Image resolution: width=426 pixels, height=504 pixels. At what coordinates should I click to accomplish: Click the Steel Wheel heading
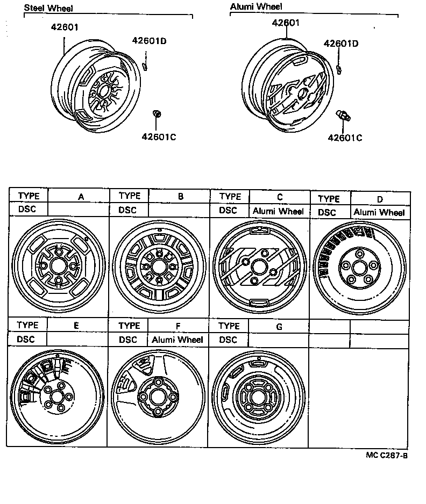pyautogui.click(x=48, y=8)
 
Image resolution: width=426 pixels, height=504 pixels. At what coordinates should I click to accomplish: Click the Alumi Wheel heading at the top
pyautogui.click(x=256, y=7)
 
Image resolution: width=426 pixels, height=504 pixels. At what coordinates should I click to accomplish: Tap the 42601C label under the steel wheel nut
pyautogui.click(x=159, y=136)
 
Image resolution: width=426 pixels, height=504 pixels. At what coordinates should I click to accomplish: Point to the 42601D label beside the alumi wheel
pyautogui.click(x=340, y=44)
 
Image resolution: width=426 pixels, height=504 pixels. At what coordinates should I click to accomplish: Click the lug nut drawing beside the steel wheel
pyautogui.click(x=156, y=113)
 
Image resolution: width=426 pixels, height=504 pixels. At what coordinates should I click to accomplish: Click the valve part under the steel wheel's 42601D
pyautogui.click(x=145, y=66)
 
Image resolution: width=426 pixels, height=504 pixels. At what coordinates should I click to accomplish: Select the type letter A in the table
pyautogui.click(x=81, y=197)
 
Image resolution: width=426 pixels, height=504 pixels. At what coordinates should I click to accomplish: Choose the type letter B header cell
pyautogui.click(x=181, y=197)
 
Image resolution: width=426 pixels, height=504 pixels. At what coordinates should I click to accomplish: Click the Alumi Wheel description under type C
pyautogui.click(x=278, y=211)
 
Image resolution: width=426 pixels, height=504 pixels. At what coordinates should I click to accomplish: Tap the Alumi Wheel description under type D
pyautogui.click(x=379, y=212)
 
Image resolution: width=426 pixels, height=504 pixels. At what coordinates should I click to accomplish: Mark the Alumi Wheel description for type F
pyautogui.click(x=177, y=340)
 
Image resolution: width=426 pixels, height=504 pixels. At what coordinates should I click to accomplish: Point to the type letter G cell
pyautogui.click(x=279, y=326)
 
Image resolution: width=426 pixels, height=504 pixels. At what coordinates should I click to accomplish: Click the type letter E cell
pyautogui.click(x=76, y=326)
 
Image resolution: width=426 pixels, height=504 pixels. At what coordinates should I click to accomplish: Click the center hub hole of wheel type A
pyautogui.click(x=58, y=265)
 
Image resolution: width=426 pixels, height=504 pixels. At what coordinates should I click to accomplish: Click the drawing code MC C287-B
pyautogui.click(x=387, y=456)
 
